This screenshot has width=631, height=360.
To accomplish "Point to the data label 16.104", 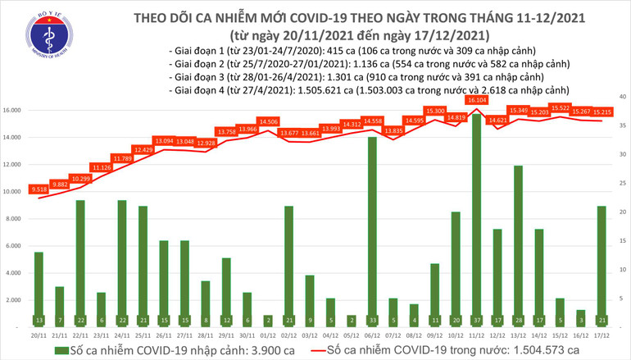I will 475,100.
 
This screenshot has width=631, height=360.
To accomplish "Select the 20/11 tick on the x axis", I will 39,334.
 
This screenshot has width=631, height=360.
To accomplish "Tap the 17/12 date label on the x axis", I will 601,334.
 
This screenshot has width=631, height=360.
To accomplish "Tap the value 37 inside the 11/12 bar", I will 475,320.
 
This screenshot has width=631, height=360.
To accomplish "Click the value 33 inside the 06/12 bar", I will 372,320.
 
